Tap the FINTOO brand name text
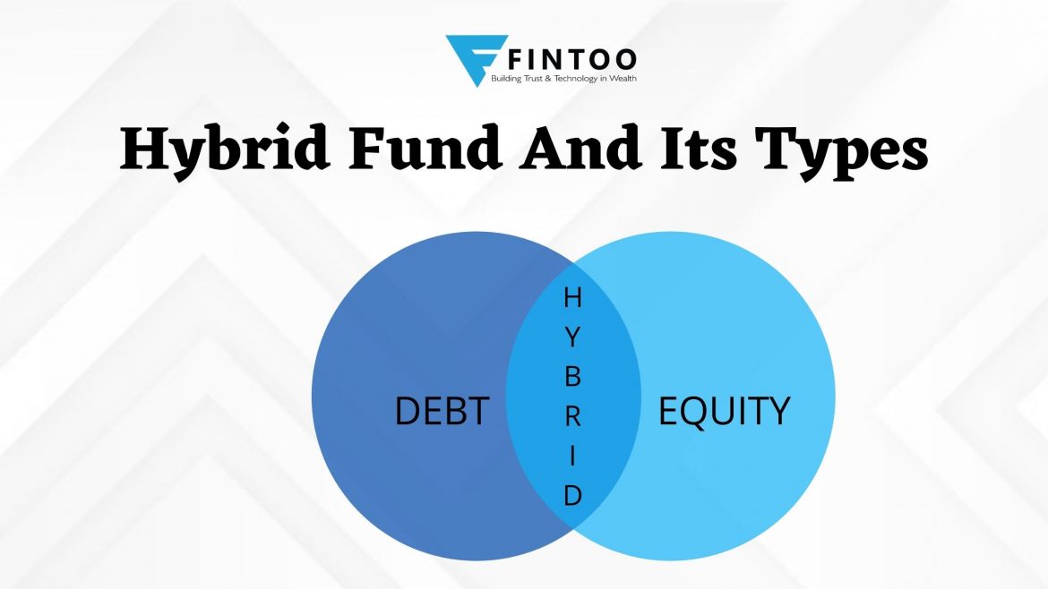point(572,59)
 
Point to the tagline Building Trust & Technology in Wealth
point(563,79)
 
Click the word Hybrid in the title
point(225,150)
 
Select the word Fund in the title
point(425,148)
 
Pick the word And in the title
point(580,148)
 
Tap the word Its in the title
point(699,149)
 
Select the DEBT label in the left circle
point(442,411)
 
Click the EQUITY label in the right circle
point(724,412)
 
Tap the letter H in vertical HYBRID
point(572,298)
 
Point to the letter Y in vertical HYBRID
point(572,337)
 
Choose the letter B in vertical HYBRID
point(572,377)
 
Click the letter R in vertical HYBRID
point(572,417)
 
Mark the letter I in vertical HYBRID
point(572,457)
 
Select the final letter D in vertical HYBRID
point(572,496)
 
